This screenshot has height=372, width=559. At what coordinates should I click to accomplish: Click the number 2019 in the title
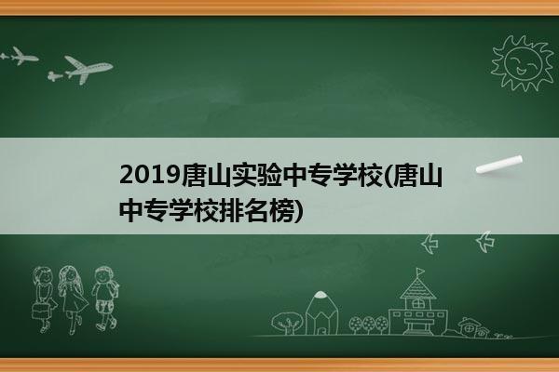click(150, 176)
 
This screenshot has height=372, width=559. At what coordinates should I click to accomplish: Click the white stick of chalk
click(499, 165)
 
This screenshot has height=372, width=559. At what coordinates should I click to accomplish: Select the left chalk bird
click(429, 244)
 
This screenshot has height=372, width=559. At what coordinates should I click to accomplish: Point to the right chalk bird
click(485, 242)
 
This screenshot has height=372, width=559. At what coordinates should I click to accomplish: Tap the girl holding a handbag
click(44, 299)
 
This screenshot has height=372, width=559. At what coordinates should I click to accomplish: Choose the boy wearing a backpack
click(104, 299)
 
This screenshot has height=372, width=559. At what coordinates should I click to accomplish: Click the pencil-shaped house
click(322, 313)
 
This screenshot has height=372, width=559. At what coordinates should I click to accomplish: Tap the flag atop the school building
click(421, 272)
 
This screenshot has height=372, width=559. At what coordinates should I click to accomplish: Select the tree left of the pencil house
click(287, 323)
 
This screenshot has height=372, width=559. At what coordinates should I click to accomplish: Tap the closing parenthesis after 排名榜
click(299, 211)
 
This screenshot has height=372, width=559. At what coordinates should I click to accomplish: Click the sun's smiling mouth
click(521, 70)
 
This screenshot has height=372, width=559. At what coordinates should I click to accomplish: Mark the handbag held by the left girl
click(40, 311)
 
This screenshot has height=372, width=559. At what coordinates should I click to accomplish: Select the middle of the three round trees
click(369, 325)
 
